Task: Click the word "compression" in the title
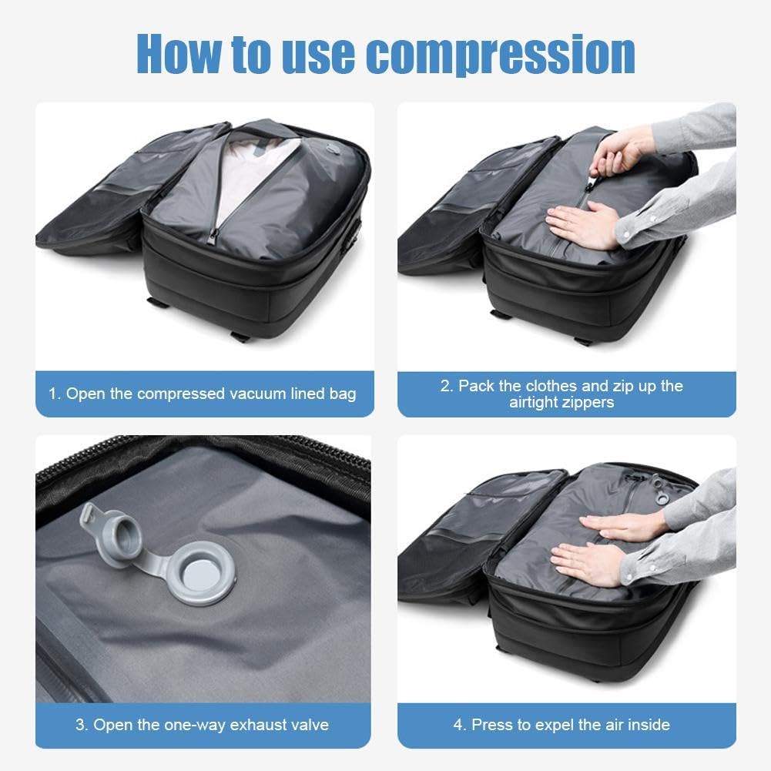(501, 54)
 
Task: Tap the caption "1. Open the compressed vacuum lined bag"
(203, 394)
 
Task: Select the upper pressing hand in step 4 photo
(624, 527)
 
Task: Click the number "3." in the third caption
(82, 725)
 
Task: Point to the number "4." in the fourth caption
(460, 725)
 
